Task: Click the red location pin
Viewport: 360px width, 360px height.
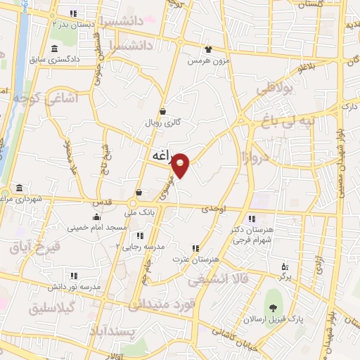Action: pyautogui.click(x=181, y=165)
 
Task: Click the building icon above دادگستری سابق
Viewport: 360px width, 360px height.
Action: pyautogui.click(x=55, y=49)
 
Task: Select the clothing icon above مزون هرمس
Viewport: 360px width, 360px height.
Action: pyautogui.click(x=208, y=49)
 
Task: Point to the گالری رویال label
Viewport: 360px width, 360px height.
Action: pyautogui.click(x=163, y=122)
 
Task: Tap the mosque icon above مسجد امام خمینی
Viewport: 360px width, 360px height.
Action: pyautogui.click(x=96, y=217)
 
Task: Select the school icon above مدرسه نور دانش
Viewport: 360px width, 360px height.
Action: pyautogui.click(x=74, y=276)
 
